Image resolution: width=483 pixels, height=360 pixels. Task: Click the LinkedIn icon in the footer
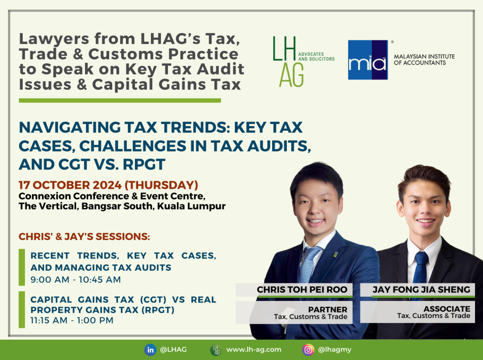[x=150, y=350]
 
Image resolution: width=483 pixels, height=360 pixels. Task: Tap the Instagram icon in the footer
[x=308, y=350]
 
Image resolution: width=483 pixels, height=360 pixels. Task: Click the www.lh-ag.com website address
[x=254, y=350]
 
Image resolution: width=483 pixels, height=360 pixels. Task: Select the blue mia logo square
[x=368, y=60]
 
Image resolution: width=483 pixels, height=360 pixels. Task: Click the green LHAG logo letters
[x=288, y=62]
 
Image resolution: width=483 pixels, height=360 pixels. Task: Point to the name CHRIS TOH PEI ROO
[x=302, y=290]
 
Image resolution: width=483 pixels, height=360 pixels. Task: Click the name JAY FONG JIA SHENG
[x=421, y=290]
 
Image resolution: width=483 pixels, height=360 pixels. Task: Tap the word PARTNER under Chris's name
[x=328, y=310]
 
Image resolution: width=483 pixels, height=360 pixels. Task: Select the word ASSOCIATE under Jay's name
[x=447, y=309]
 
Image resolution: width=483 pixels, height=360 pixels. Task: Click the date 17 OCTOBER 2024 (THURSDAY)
[x=108, y=185]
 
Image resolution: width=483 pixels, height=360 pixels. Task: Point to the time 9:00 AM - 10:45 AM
[x=75, y=280]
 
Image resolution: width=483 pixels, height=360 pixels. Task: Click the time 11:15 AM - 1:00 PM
[x=72, y=320]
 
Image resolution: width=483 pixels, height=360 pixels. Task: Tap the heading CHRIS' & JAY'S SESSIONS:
[x=84, y=236]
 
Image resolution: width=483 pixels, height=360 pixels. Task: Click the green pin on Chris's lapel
[x=335, y=255]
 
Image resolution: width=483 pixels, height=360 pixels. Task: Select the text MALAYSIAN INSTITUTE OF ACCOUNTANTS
[x=424, y=59]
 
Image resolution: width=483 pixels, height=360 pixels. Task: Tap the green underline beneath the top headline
[x=120, y=100]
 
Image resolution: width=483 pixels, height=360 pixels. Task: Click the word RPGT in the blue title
[x=144, y=164]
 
